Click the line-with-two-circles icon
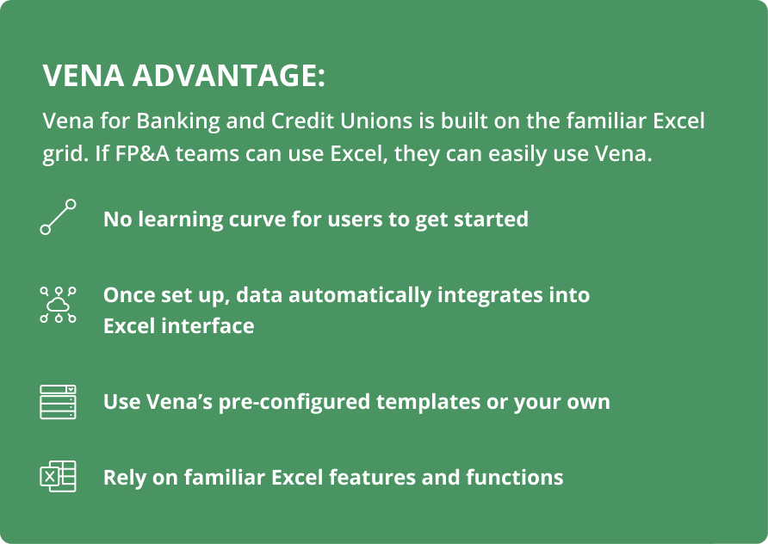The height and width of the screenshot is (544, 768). [x=58, y=217]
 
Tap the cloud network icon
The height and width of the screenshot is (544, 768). [x=58, y=305]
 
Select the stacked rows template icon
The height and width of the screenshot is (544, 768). [x=58, y=402]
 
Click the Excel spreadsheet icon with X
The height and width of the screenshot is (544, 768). [x=58, y=476]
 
